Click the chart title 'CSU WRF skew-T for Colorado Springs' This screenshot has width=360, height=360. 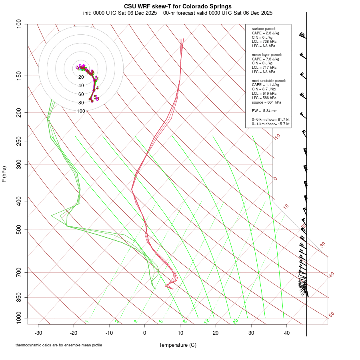pyautogui.click(x=178, y=6)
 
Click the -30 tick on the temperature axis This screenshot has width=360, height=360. pyautogui.click(x=38, y=333)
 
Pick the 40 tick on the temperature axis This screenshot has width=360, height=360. pyautogui.click(x=287, y=333)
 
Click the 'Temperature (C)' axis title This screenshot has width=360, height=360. pyautogui.click(x=178, y=345)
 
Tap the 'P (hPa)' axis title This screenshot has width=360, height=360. pyautogui.click(x=4, y=174)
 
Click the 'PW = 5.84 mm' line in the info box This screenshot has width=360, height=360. pyautogui.click(x=264, y=110)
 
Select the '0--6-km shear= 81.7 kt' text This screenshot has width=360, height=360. pyautogui.click(x=271, y=120)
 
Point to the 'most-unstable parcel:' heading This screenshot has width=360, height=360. pyautogui.click(x=269, y=80)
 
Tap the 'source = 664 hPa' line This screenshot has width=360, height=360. pyautogui.click(x=266, y=102)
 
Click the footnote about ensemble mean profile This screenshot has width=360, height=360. pyautogui.click(x=59, y=345)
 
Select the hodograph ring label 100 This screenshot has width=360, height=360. pyautogui.click(x=81, y=111)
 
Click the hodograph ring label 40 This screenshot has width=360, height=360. pyautogui.click(x=81, y=86)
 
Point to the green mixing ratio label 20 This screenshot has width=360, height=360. pyautogui.click(x=236, y=321)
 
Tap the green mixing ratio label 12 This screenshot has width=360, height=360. pyautogui.click(x=207, y=321)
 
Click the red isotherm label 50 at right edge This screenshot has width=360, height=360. pyautogui.click(x=331, y=315)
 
